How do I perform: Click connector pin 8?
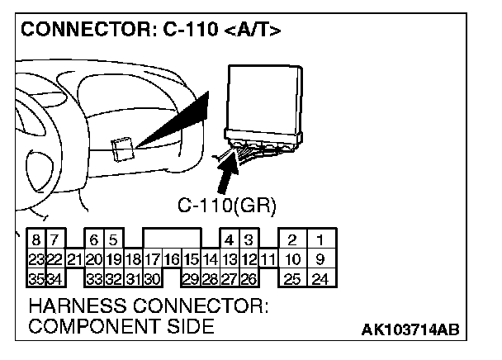(x=37, y=240)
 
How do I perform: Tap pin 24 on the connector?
(x=320, y=278)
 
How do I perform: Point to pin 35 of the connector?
(x=37, y=278)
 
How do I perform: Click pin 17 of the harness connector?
(x=152, y=259)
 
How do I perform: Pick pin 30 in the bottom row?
(x=152, y=278)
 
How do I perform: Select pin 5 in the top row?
(x=113, y=240)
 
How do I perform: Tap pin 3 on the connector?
(x=247, y=240)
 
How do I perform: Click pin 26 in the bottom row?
(x=247, y=278)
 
